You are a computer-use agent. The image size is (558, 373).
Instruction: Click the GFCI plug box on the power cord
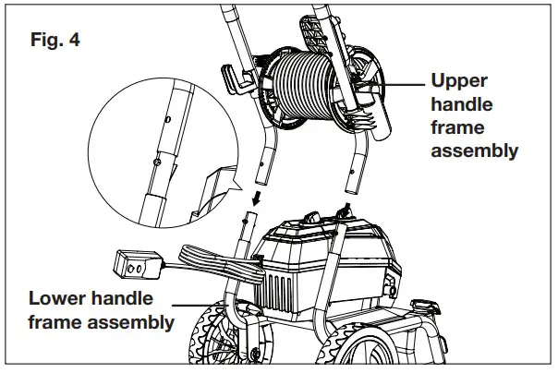[x=136, y=264]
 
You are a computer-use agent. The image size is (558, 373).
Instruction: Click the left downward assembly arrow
[x=258, y=195]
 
